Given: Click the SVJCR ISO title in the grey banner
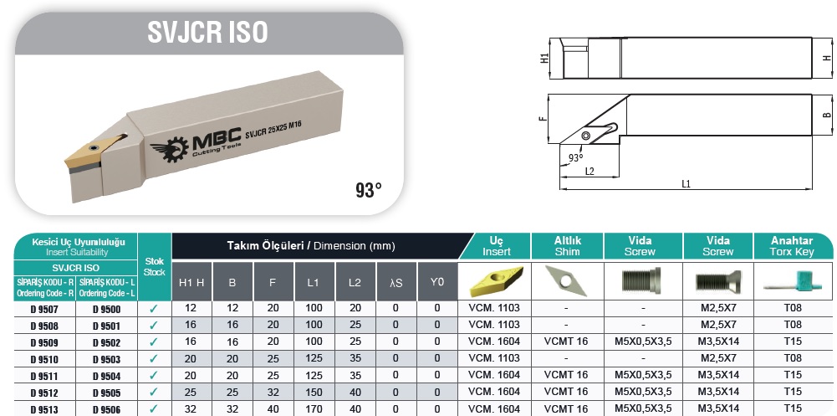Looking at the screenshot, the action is pyautogui.click(x=207, y=32).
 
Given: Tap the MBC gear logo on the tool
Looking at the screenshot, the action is pyautogui.click(x=170, y=147).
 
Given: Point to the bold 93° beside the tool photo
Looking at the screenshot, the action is pyautogui.click(x=369, y=189).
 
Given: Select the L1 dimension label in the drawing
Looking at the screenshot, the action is pyautogui.click(x=686, y=184).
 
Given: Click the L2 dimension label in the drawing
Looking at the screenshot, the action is pyautogui.click(x=589, y=171).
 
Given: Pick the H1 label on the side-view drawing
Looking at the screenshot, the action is pyautogui.click(x=544, y=59).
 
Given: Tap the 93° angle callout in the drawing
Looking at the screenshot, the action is pyautogui.click(x=575, y=157).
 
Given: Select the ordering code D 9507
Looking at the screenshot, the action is pyautogui.click(x=45, y=309).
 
